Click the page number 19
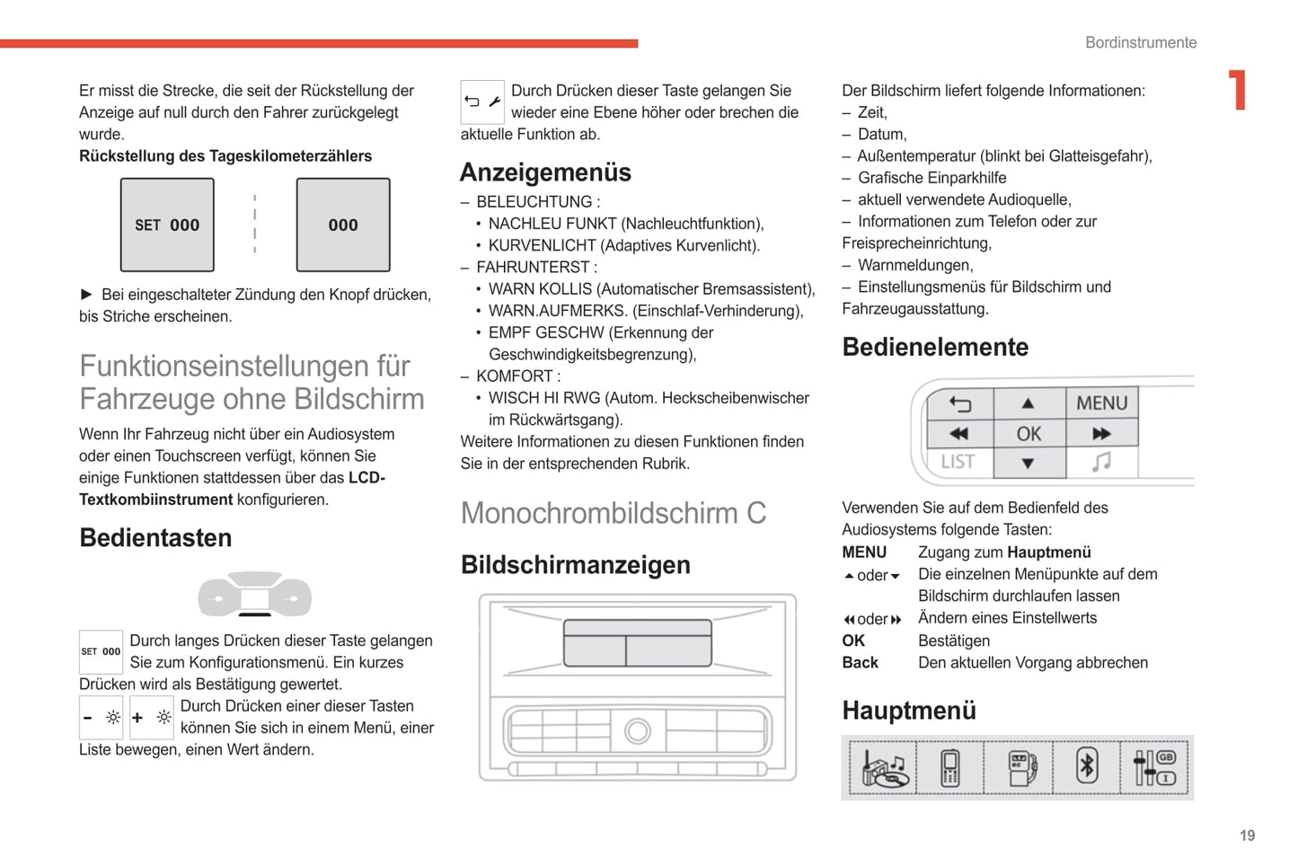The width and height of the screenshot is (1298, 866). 1247,835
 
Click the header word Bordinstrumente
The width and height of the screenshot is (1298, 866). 1140,42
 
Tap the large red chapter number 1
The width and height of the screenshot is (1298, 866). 1239,90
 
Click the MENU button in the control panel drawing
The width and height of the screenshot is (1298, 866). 1101,403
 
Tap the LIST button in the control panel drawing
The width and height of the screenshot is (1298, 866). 958,462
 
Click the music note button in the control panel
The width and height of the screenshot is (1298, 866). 1101,462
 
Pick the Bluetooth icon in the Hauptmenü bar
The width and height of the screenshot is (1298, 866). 1087,767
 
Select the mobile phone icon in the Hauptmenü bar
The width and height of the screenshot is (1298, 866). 949,768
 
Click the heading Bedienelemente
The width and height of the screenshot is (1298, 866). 935,347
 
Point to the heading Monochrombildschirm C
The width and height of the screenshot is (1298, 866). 614,513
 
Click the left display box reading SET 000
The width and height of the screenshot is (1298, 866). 167,225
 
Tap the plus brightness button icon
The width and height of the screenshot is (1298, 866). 152,717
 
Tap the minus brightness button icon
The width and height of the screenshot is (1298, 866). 102,717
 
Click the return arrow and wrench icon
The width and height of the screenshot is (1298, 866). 482,102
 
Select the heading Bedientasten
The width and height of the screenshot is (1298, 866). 155,538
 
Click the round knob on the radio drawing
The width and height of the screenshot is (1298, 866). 638,730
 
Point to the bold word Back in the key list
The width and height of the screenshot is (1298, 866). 860,663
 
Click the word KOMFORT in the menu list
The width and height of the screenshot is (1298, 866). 515,376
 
